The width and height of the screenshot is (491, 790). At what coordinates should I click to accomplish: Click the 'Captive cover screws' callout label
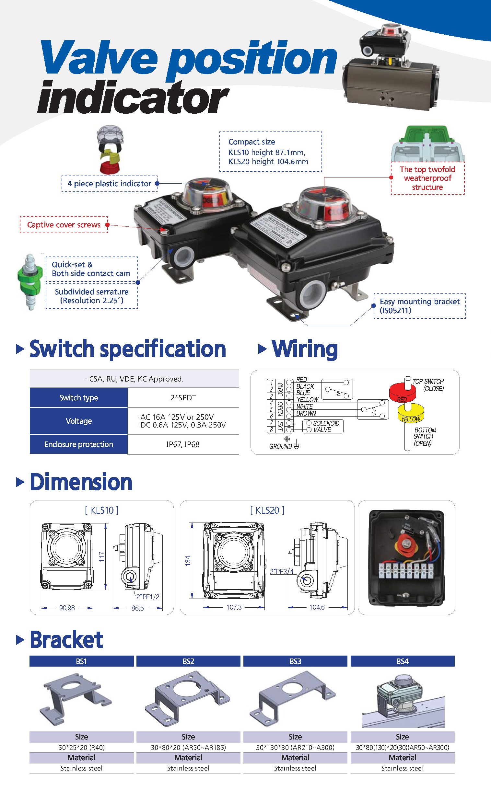64,224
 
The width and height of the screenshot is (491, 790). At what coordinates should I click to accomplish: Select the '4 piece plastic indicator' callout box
109,184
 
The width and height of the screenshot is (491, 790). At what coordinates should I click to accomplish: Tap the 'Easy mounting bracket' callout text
420,306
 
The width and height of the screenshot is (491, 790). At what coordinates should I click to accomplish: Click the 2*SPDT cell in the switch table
183,398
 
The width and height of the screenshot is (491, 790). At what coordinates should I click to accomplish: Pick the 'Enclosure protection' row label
78,444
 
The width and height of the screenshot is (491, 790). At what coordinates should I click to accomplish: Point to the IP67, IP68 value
183,444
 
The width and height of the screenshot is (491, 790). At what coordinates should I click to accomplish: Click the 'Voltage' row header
78,421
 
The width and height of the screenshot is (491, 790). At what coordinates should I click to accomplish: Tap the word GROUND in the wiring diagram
280,446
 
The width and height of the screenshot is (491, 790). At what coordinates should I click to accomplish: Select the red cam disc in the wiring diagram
402,392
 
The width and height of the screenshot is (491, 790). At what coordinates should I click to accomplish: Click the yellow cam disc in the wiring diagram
411,414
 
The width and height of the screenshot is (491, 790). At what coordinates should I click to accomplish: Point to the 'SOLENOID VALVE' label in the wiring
326,426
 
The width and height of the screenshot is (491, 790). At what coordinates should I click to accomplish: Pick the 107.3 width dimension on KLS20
234,607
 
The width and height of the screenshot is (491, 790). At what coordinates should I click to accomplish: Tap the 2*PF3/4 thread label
282,571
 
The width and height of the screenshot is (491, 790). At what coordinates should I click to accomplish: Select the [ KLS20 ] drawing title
267,510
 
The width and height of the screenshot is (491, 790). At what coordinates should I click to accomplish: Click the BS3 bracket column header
295,661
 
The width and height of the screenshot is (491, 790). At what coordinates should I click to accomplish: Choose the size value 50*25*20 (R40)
81,747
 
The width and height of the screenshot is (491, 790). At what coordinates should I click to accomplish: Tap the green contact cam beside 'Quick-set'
30,280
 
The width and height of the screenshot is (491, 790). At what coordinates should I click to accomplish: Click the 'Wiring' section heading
305,349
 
